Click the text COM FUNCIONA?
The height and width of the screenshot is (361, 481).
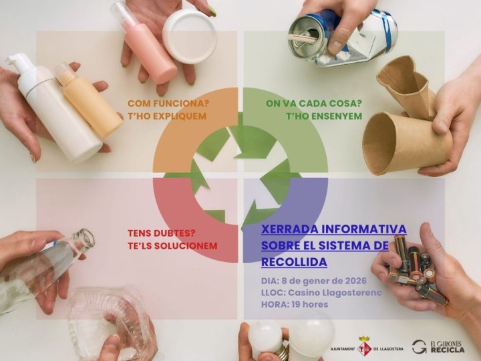pyautogui.click(x=168, y=104)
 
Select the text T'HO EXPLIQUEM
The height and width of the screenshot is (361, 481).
pyautogui.click(x=167, y=116)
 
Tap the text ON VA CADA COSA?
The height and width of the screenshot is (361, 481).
pyautogui.click(x=314, y=104)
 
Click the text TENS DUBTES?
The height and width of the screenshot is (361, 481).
pyautogui.click(x=162, y=233)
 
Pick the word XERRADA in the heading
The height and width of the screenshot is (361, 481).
pyautogui.click(x=289, y=229)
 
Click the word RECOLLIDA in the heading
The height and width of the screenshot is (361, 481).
pyautogui.click(x=294, y=262)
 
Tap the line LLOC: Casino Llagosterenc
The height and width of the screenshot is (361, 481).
pyautogui.click(x=321, y=293)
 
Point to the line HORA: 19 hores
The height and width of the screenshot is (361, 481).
pyautogui.click(x=295, y=304)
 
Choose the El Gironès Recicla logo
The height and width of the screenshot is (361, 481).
pyautogui.click(x=438, y=346)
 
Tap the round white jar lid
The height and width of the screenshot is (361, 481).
pyautogui.click(x=190, y=36)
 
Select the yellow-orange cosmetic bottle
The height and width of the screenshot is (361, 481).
pyautogui.click(x=88, y=100)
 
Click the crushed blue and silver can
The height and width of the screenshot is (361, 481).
pyautogui.click(x=342, y=38)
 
